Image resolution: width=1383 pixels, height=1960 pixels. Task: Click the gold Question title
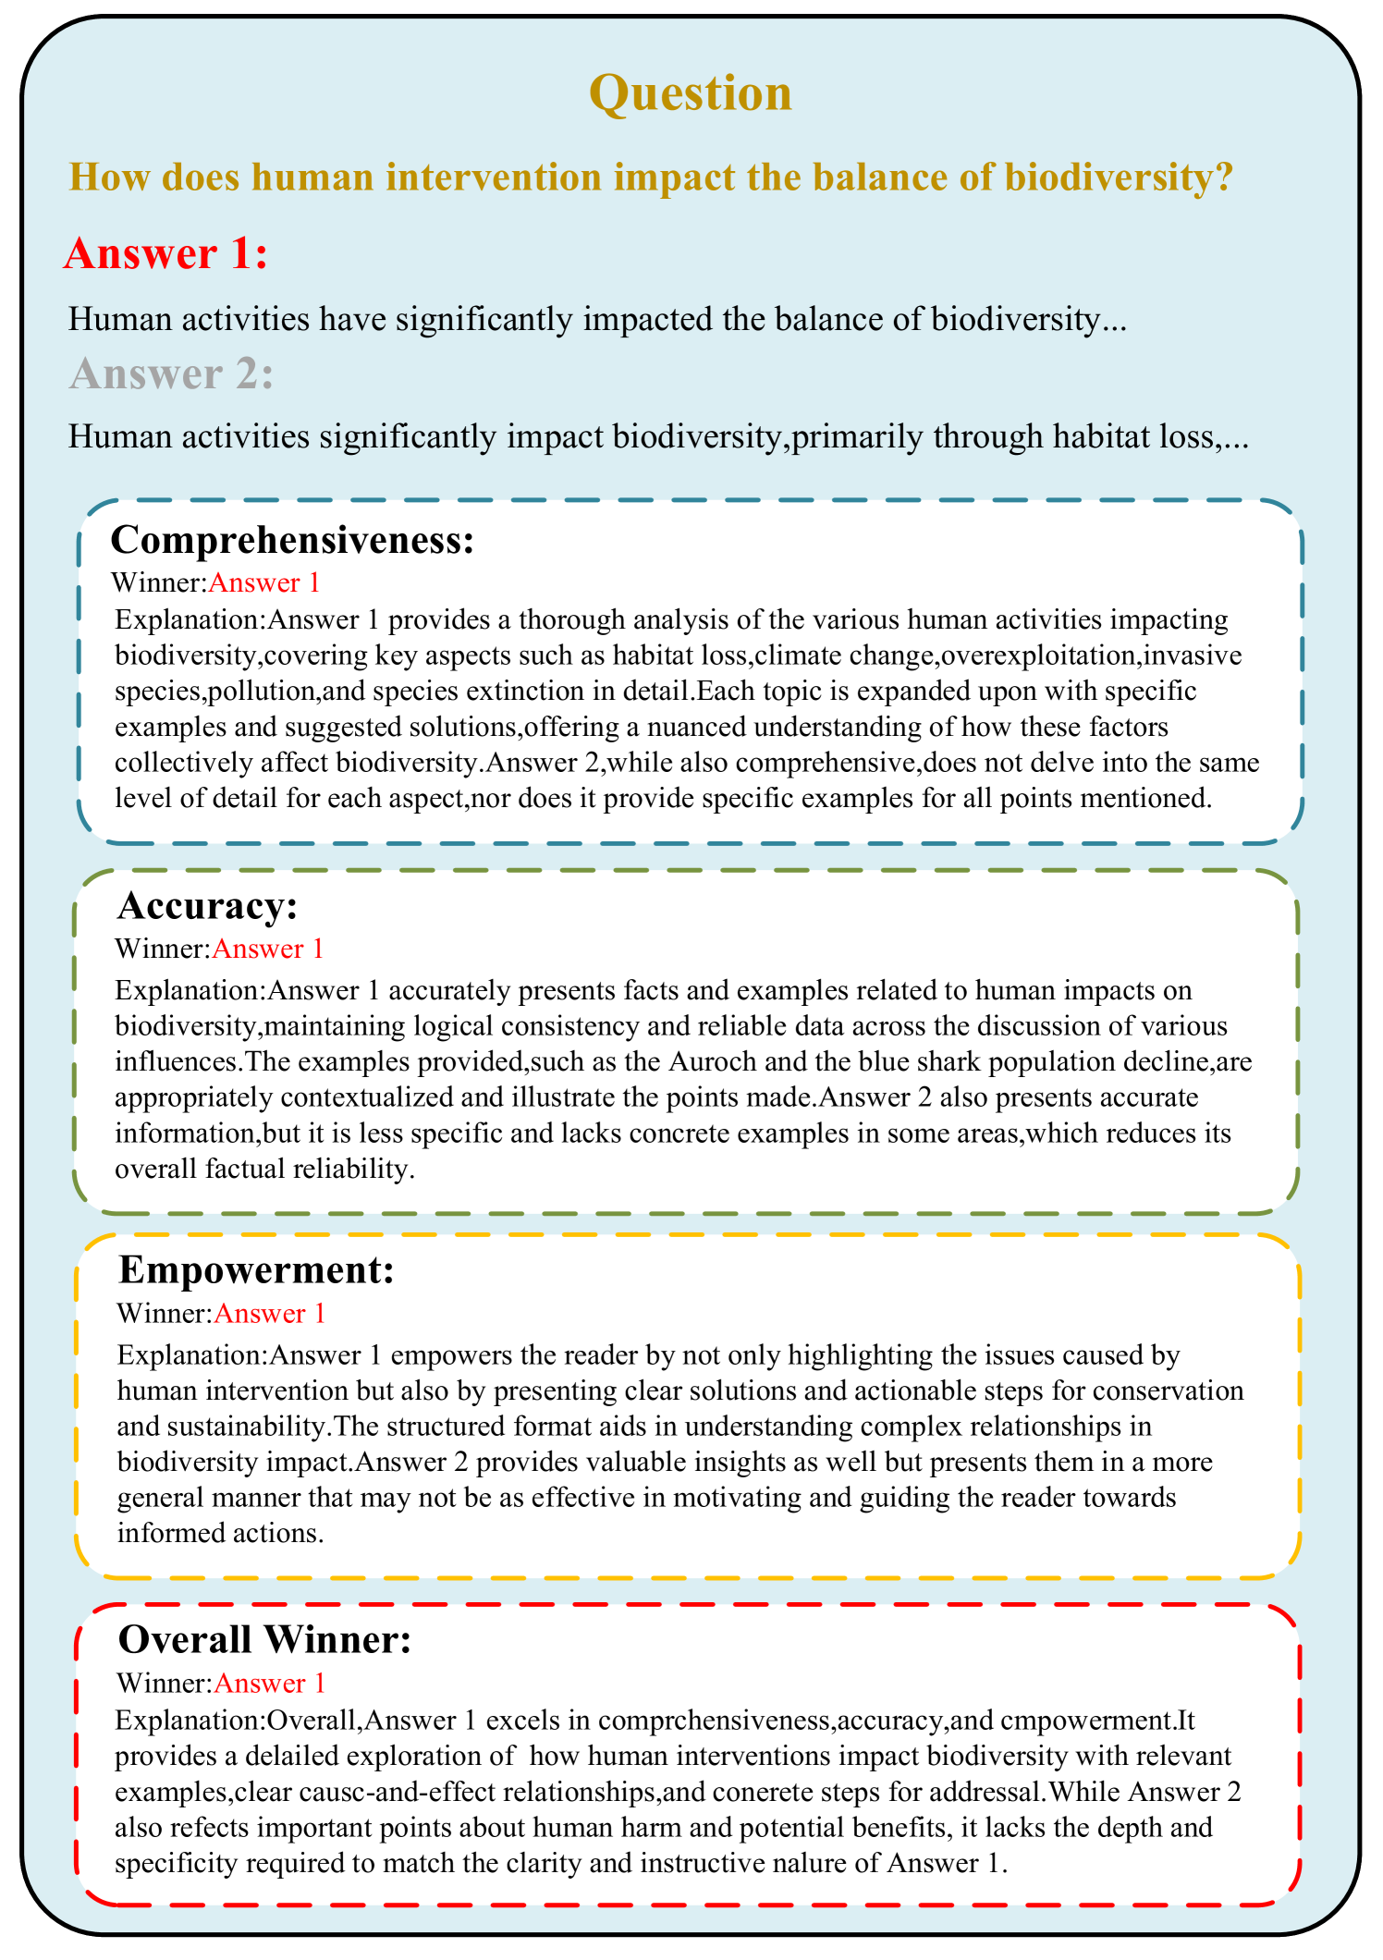click(691, 94)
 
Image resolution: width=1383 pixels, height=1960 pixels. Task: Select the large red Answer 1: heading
click(166, 253)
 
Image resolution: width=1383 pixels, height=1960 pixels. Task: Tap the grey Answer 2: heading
click(171, 374)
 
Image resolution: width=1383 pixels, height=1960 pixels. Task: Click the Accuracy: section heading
click(207, 907)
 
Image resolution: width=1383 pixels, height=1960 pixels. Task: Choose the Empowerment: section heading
click(256, 1271)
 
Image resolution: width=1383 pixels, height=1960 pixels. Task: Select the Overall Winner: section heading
click(264, 1640)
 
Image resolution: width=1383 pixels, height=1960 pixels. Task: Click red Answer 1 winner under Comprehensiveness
click(264, 582)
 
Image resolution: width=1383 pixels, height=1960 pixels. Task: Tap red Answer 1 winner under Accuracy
click(268, 949)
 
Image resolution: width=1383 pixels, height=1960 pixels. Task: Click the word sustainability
click(223, 1427)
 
